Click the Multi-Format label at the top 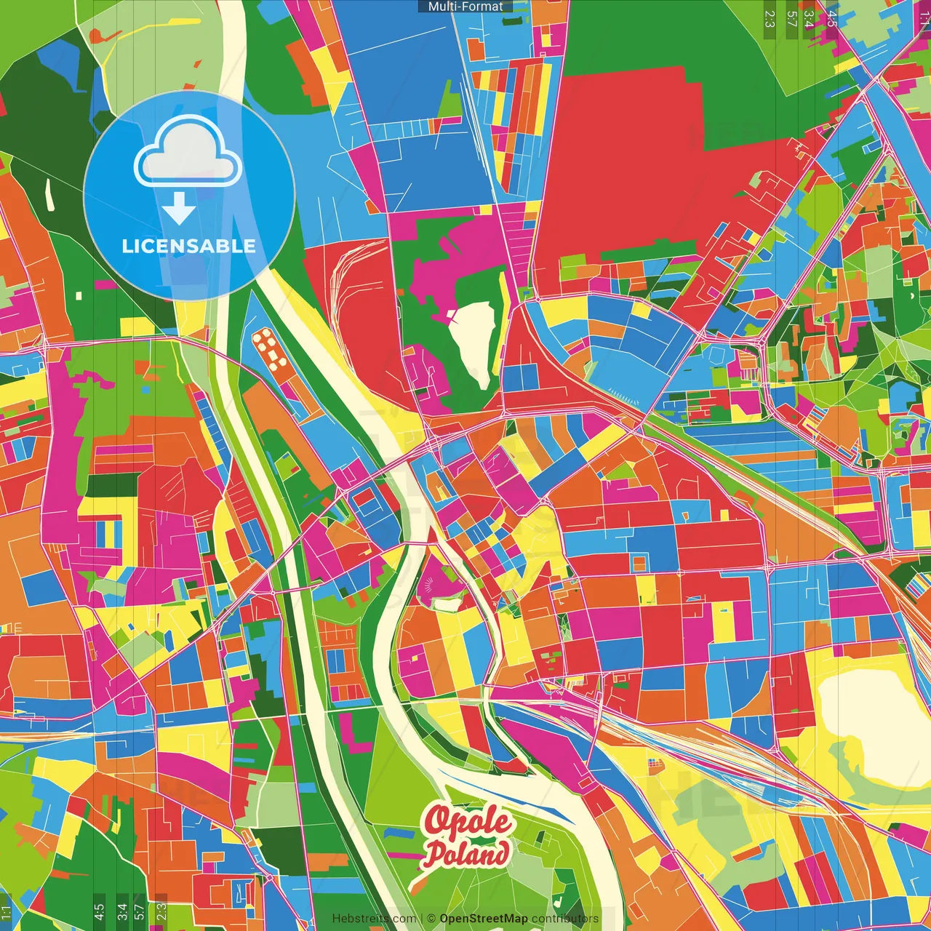point(465,7)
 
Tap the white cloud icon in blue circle point(188,153)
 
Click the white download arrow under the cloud point(179,209)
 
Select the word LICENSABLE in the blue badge point(188,246)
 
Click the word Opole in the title point(468,822)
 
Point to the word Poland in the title point(466,854)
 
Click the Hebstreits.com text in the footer point(374,919)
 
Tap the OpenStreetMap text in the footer point(483,919)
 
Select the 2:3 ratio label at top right point(770,18)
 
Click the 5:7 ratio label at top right point(791,18)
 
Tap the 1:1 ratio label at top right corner point(924,18)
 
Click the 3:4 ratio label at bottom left point(121,911)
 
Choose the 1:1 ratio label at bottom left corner point(6,912)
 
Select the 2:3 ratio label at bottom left point(161,911)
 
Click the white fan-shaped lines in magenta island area point(429,583)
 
